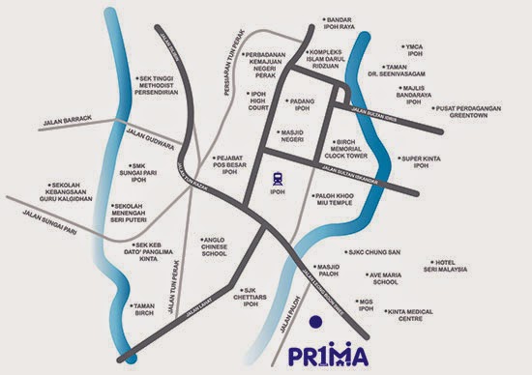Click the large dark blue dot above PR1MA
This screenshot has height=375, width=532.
[311, 323]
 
